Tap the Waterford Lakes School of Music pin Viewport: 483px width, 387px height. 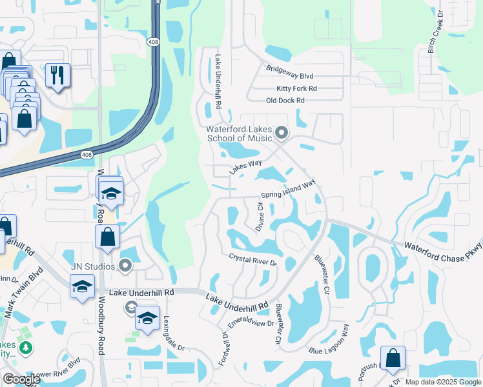coord(281,134)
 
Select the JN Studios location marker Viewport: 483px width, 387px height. coord(126,266)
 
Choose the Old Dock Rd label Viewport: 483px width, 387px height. coord(285,101)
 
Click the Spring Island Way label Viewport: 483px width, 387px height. coord(288,190)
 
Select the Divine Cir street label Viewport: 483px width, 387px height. coord(260,217)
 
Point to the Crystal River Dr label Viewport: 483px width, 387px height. coord(252,260)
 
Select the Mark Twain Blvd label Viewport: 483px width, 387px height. coord(18,301)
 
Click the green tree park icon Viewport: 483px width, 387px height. coord(26,348)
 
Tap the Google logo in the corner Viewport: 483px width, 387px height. coord(21,379)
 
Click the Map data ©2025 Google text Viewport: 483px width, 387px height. coord(442,382)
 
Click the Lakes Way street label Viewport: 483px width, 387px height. coord(245,169)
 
